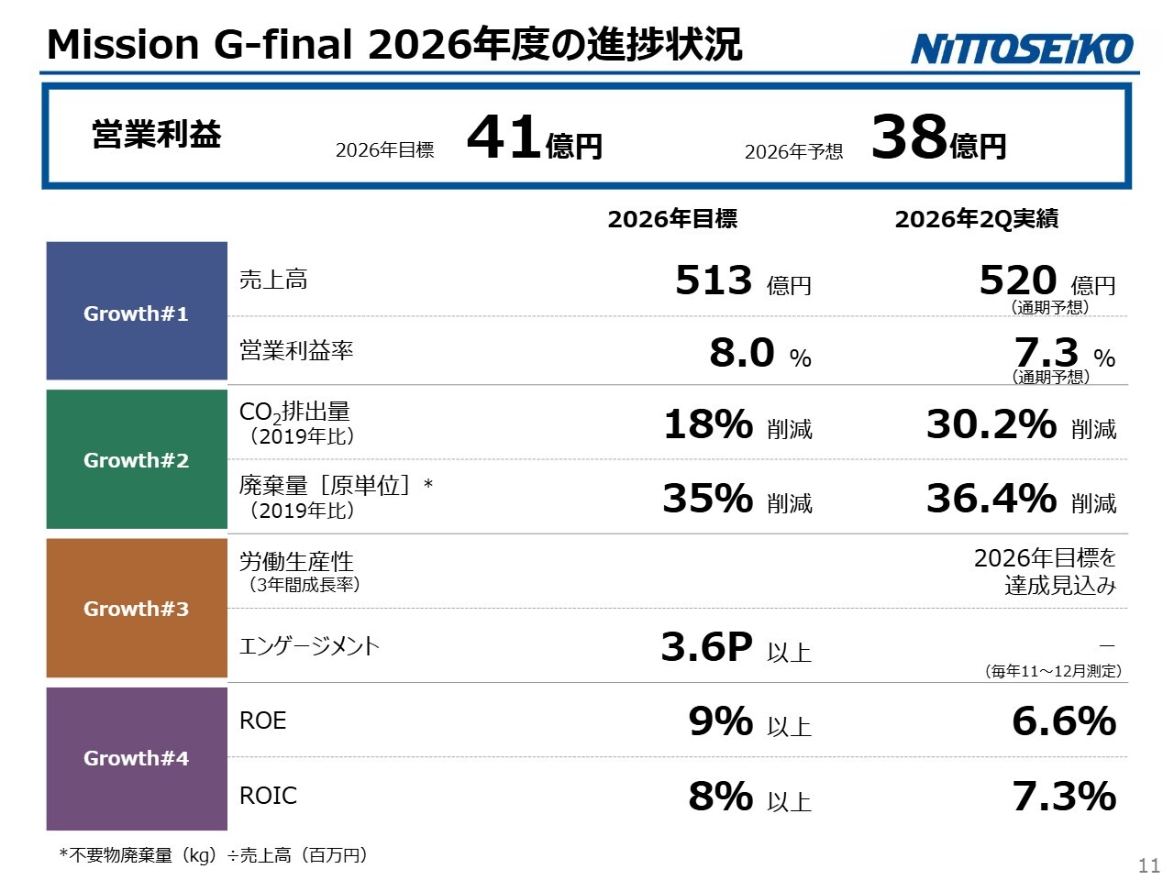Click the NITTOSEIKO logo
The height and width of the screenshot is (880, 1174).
click(1022, 49)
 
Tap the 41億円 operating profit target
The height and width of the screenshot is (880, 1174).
click(535, 137)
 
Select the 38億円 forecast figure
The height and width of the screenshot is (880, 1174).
click(938, 137)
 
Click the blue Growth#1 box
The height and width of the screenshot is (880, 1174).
click(137, 311)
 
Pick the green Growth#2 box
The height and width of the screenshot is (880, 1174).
click(137, 459)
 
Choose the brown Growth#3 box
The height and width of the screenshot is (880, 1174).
click(137, 608)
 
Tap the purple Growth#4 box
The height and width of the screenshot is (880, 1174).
click(137, 759)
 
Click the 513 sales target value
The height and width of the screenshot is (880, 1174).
click(714, 280)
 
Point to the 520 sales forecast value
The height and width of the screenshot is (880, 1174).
click(1018, 280)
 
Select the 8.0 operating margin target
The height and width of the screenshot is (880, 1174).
click(742, 353)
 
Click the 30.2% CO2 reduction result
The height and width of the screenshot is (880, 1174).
click(991, 424)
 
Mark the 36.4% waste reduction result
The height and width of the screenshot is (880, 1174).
click(991, 498)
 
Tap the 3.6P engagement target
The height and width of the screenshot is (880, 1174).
click(706, 646)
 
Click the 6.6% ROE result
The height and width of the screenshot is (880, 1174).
click(1064, 720)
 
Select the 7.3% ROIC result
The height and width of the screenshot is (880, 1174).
click(1064, 796)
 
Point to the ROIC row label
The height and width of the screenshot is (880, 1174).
click(268, 796)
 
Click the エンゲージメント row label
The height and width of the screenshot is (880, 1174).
click(309, 646)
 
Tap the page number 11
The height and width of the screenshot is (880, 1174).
click(1149, 865)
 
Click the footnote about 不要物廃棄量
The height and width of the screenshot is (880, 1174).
click(214, 855)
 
